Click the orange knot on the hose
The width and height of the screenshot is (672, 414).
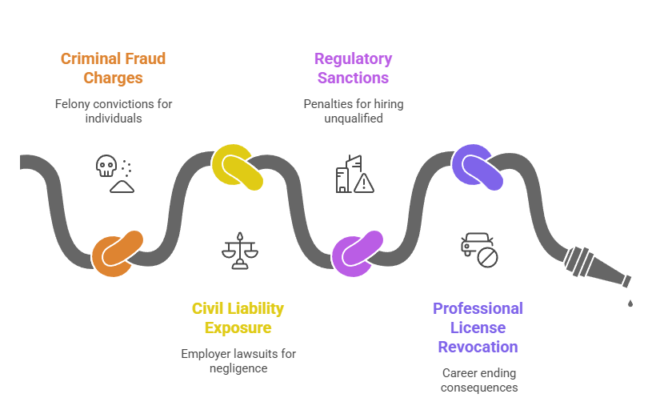[118, 254]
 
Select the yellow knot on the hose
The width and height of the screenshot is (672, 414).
[238, 167]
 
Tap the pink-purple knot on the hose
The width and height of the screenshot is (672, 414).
[358, 254]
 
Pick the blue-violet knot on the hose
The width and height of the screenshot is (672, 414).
[478, 167]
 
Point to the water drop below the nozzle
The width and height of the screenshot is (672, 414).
[630, 303]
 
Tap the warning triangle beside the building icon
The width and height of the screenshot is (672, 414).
[364, 183]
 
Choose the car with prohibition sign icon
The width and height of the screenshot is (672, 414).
[479, 249]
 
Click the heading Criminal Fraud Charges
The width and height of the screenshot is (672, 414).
[113, 68]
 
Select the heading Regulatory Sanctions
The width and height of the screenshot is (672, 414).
[353, 68]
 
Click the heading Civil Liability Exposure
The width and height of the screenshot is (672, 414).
[238, 318]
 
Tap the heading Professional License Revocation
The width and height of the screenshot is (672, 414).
[478, 328]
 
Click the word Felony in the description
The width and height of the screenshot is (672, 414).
[72, 104]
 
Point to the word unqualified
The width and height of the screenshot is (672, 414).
[353, 119]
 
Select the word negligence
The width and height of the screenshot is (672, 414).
[238, 368]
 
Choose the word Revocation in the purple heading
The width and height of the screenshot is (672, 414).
[478, 347]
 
